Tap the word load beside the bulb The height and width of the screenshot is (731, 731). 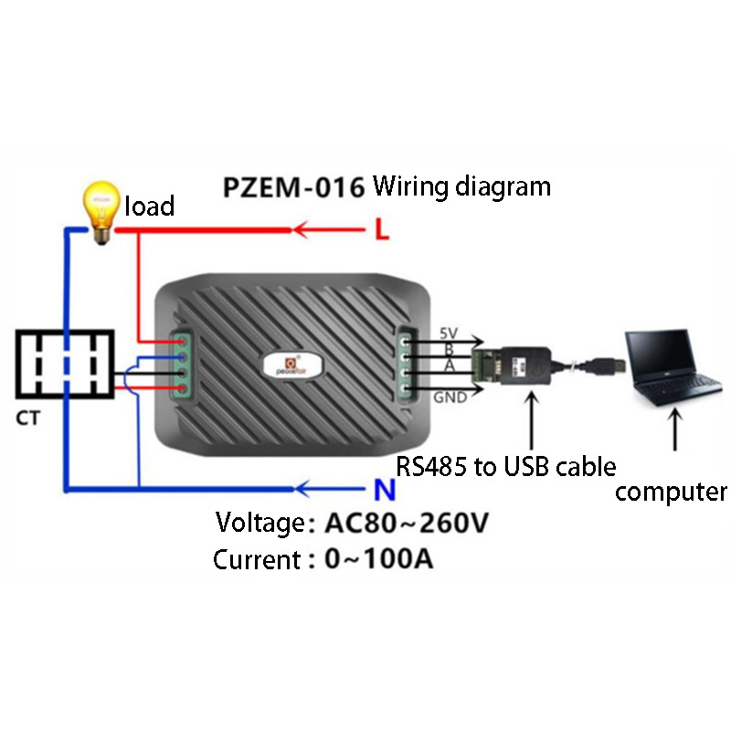(149, 207)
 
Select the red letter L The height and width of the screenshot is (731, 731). (382, 229)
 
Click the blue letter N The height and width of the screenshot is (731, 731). (385, 492)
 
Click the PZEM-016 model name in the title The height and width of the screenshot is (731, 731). (293, 187)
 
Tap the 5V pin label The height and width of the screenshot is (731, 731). (449, 332)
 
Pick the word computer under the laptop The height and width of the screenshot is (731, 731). (671, 492)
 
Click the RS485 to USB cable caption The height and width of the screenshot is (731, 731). (505, 466)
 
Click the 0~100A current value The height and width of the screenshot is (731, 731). (378, 558)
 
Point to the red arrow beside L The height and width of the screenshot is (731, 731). (328, 229)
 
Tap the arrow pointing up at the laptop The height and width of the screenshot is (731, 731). (674, 429)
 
